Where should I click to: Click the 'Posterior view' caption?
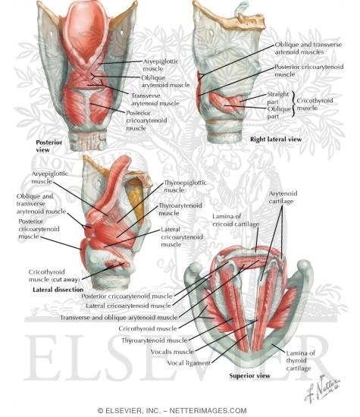click(49, 146)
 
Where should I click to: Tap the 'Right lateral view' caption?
click(276, 139)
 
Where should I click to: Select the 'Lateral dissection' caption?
click(58, 290)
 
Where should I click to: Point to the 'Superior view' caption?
click(249, 376)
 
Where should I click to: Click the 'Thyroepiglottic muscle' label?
click(185, 187)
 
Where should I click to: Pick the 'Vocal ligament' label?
click(189, 363)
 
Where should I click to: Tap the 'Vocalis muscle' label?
click(172, 352)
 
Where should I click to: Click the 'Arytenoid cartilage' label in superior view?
click(283, 197)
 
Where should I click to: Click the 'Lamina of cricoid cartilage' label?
click(236, 220)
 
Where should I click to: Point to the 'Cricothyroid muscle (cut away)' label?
click(55, 275)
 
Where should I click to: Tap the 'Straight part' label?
click(277, 98)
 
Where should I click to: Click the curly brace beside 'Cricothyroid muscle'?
click(293, 104)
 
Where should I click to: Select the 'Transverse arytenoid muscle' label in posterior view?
click(155, 99)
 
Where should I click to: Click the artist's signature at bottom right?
click(322, 388)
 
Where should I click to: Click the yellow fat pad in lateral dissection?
click(136, 200)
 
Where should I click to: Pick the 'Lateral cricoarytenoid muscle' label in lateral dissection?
click(182, 237)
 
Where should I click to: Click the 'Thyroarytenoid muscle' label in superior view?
click(155, 340)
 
